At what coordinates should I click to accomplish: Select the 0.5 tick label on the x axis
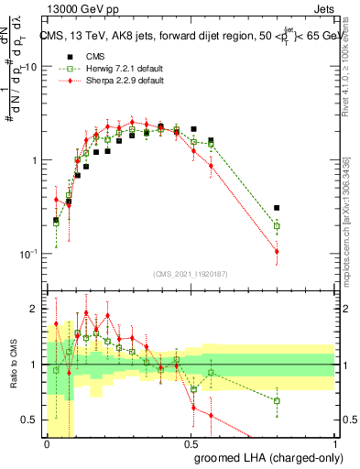click(191, 444)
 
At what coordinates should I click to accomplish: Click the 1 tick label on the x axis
click(334, 444)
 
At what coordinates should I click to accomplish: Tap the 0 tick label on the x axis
click(47, 444)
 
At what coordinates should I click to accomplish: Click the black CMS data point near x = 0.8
click(277, 208)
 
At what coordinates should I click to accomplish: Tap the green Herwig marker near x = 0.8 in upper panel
click(277, 225)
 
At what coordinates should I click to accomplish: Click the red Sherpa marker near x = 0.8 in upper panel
click(277, 251)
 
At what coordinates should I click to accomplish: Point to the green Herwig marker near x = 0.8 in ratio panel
click(277, 400)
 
